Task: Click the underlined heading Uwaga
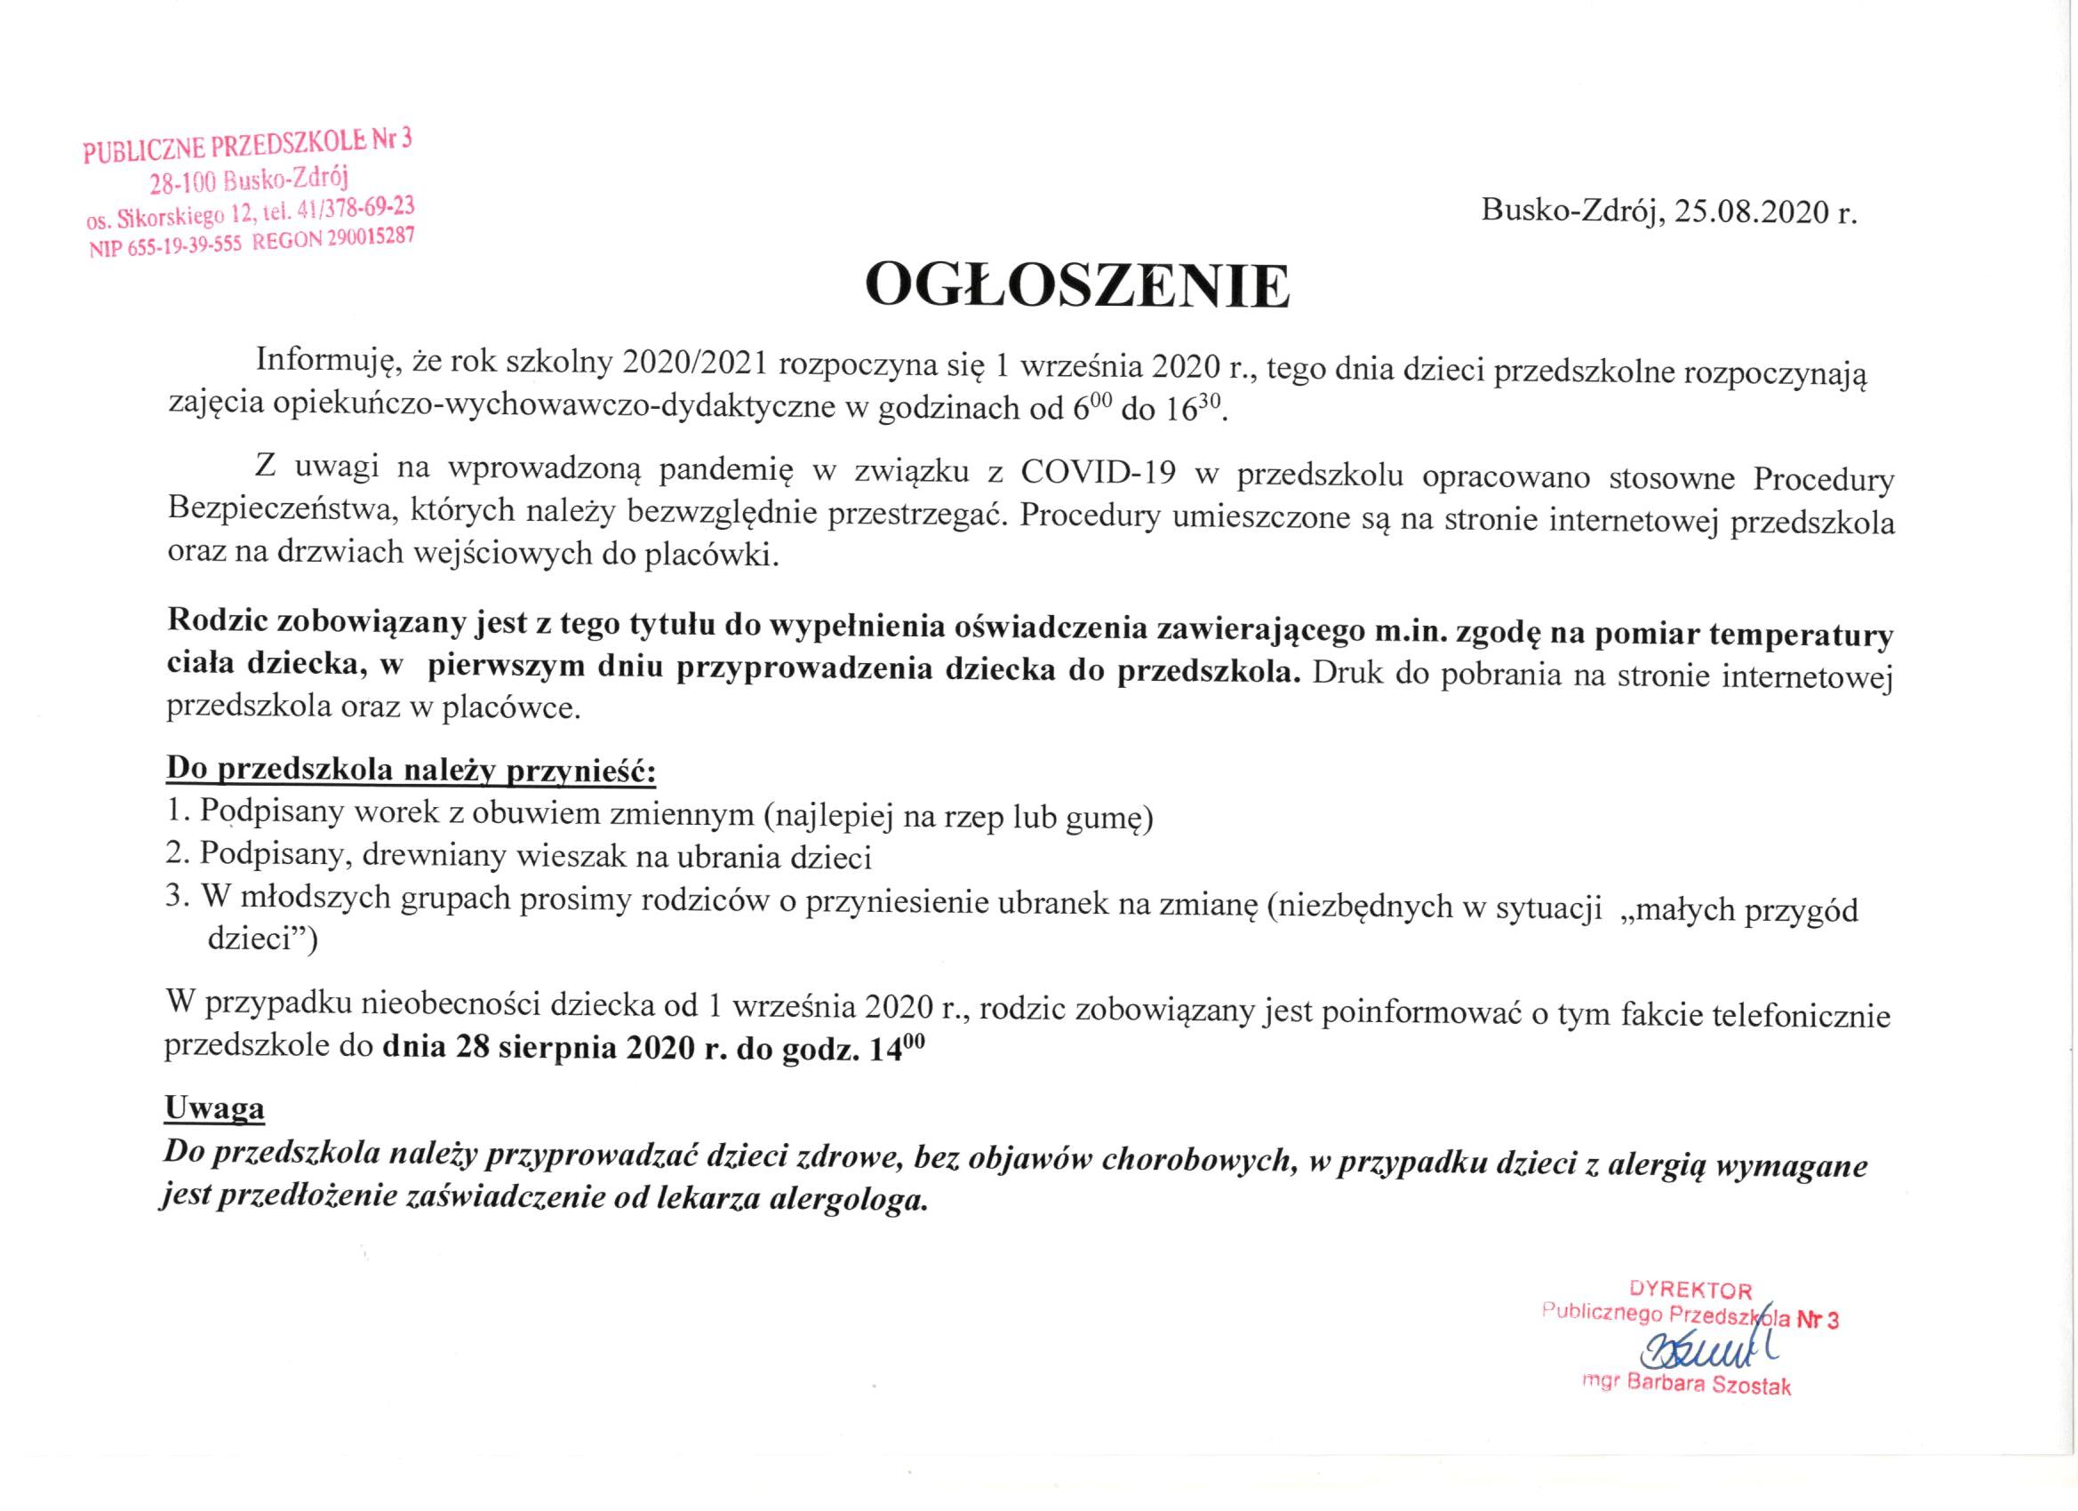click(x=214, y=1109)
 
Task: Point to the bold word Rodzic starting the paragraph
click(x=217, y=621)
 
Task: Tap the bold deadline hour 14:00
click(x=895, y=1049)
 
